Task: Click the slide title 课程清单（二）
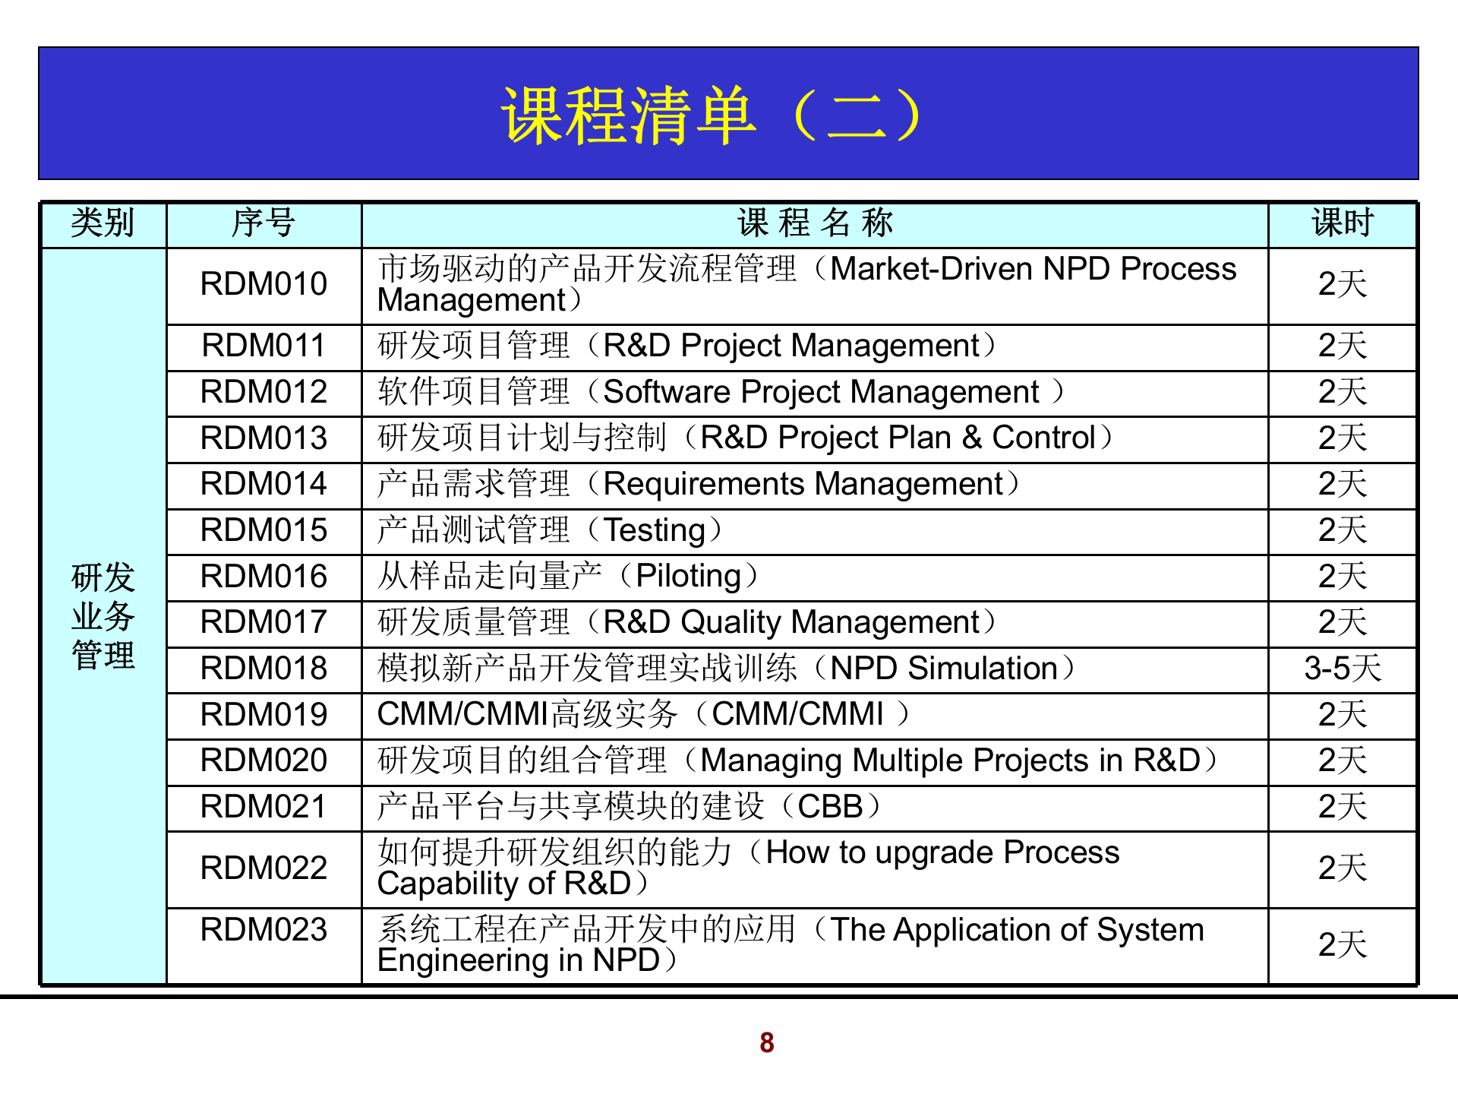tap(712, 115)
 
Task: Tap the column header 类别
tap(103, 223)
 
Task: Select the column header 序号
tap(263, 223)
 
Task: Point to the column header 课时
tap(1342, 223)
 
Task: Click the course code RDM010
tap(264, 284)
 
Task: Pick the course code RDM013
tap(264, 438)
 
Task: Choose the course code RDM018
tap(264, 669)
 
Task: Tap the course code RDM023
tap(264, 930)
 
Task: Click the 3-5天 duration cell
tap(1342, 669)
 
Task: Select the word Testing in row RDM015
tap(655, 530)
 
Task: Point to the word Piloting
tap(688, 577)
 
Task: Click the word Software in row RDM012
tap(667, 392)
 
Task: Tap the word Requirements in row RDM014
tap(703, 485)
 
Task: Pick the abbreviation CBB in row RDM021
tap(830, 807)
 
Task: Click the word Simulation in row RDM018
tap(983, 669)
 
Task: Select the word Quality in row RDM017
tap(731, 623)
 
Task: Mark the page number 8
tap(766, 1043)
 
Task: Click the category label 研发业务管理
tap(103, 616)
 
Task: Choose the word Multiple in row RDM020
tap(907, 760)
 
